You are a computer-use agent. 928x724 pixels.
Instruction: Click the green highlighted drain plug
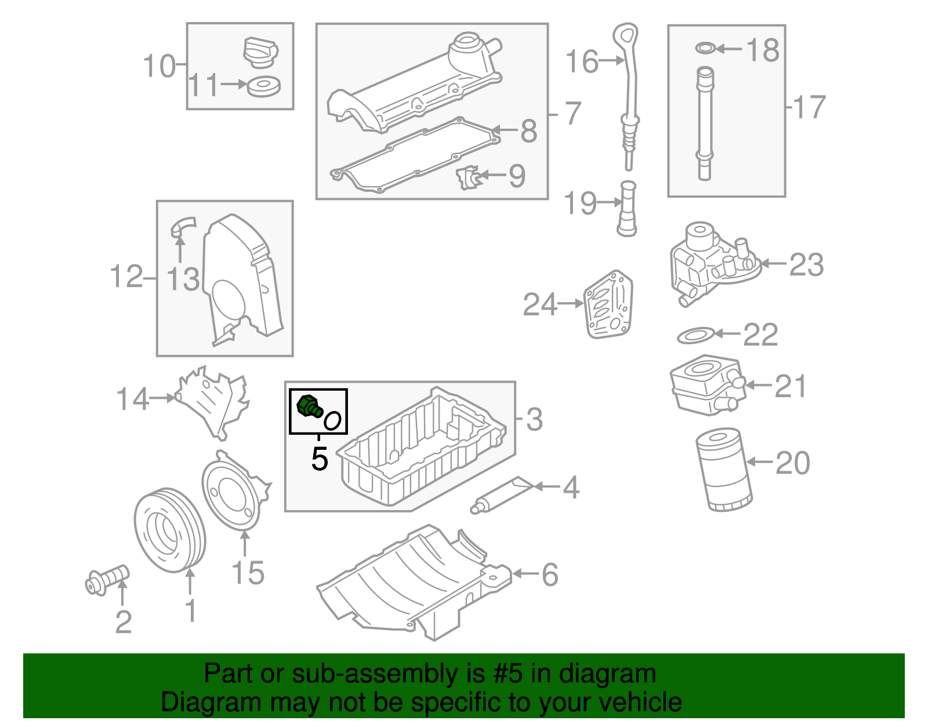click(x=309, y=406)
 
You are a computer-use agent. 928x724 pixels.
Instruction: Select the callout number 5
click(x=320, y=459)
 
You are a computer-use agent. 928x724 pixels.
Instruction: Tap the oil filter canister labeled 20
click(x=724, y=470)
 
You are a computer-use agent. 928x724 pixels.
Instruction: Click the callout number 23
click(x=806, y=265)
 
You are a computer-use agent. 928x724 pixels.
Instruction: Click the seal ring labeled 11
click(x=263, y=86)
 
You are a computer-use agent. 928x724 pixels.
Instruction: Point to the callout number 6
click(x=550, y=575)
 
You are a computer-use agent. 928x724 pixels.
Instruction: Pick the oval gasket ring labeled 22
click(x=695, y=335)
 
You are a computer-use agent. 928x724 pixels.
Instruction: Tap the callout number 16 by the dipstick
click(x=582, y=61)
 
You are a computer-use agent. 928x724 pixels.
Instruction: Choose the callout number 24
click(x=539, y=304)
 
